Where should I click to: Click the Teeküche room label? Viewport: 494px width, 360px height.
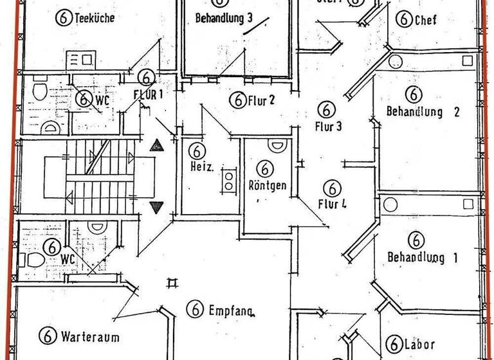point(95,18)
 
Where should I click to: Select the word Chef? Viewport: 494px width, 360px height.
point(425,19)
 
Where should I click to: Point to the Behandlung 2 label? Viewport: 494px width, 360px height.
point(423,111)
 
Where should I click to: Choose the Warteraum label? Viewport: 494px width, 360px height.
point(90,336)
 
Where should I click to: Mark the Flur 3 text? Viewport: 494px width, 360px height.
point(328,125)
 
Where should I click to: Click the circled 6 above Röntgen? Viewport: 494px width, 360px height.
point(264,169)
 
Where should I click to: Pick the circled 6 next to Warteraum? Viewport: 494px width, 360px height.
point(46,336)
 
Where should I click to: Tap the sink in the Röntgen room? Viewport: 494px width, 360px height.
point(277,146)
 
